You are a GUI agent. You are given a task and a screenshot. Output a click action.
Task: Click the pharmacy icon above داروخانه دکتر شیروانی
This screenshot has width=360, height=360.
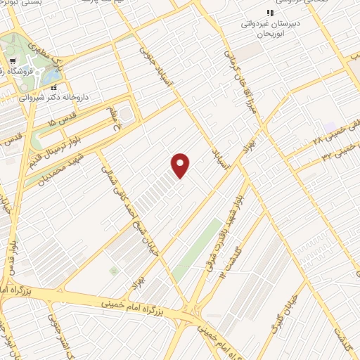coord(54,87)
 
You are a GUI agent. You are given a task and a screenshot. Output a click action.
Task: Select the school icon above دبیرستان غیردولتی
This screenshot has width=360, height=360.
coord(269,13)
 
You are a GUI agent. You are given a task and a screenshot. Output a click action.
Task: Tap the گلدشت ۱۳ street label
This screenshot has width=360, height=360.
coord(231,262)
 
